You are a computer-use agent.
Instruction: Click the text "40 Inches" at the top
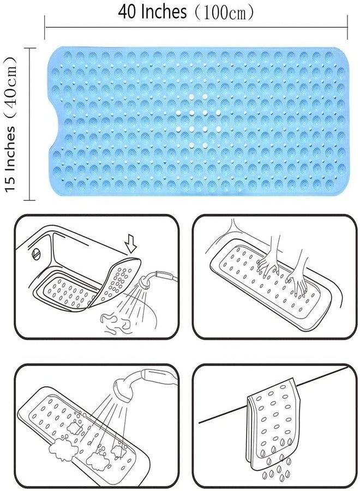(x=152, y=12)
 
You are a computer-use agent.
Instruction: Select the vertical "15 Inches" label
(x=10, y=160)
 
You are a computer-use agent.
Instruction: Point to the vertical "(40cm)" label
(x=10, y=90)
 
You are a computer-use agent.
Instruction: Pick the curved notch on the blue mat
(x=55, y=121)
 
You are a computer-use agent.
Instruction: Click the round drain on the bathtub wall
(x=37, y=254)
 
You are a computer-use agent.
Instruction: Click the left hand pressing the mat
(x=268, y=263)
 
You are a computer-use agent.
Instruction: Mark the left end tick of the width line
(x=45, y=28)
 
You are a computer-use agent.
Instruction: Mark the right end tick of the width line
(x=347, y=28)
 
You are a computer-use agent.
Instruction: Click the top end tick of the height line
(x=30, y=49)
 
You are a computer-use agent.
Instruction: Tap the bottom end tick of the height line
(x=30, y=200)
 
